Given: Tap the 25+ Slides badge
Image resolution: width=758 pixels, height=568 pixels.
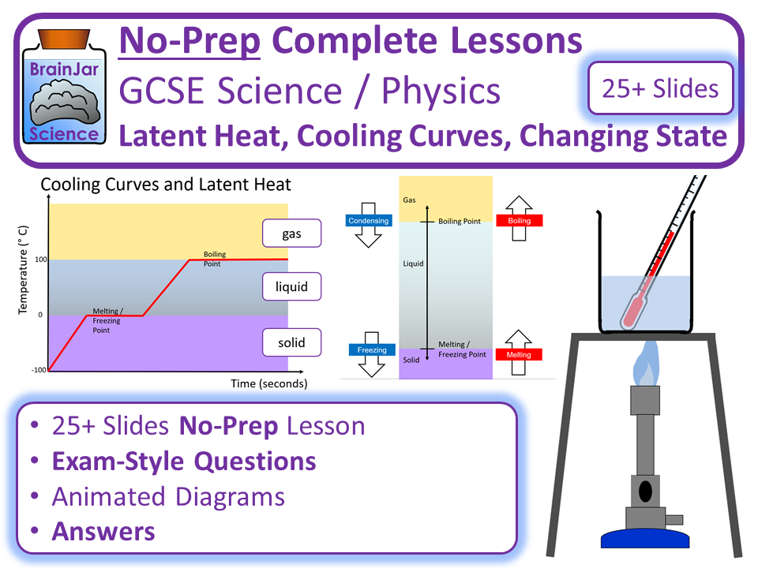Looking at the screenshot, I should pyautogui.click(x=660, y=88).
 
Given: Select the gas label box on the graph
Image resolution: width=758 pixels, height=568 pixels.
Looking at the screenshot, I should pyautogui.click(x=292, y=234).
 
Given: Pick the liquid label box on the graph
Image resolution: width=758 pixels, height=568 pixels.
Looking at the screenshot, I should pyautogui.click(x=292, y=287).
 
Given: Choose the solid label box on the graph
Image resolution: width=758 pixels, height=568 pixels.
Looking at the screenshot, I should pyautogui.click(x=292, y=342).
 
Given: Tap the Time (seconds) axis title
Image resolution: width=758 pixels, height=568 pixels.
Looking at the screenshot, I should pyautogui.click(x=269, y=384).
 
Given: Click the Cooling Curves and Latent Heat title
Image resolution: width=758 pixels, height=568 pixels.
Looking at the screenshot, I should pyautogui.click(x=166, y=185).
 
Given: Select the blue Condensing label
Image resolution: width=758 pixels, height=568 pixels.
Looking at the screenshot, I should pyautogui.click(x=369, y=221).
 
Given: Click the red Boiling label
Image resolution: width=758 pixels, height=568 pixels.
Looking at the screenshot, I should pyautogui.click(x=519, y=221).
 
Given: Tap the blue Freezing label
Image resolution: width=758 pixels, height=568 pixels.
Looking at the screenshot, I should pyautogui.click(x=372, y=349).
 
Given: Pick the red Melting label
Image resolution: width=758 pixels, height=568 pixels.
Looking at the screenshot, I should pyautogui.click(x=519, y=355).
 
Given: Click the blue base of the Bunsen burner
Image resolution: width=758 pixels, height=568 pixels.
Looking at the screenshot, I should pyautogui.click(x=645, y=539).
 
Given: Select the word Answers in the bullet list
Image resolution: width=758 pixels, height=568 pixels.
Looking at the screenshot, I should pyautogui.click(x=103, y=532).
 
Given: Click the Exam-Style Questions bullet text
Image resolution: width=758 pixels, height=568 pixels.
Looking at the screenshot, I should pyautogui.click(x=184, y=461).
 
